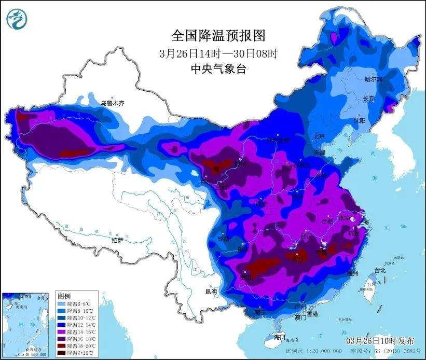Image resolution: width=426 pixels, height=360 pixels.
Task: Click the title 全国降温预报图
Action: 218,35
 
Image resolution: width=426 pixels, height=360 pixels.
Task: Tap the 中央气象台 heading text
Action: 218,68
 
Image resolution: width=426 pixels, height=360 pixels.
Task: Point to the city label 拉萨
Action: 117,240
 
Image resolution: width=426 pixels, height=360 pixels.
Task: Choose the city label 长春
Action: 369,98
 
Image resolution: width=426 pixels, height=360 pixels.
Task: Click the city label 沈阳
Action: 359,120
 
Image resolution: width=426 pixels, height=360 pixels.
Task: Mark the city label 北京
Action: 319,136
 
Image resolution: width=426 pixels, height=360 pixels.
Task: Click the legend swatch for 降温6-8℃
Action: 61,303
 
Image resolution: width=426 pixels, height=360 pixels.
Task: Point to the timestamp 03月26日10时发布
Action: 380,340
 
